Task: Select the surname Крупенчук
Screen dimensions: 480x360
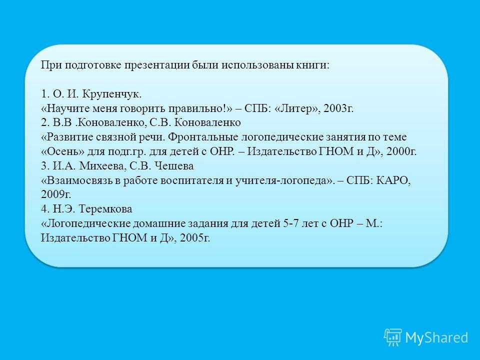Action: pyautogui.click(x=112, y=94)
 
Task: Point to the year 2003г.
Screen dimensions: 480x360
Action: pyautogui.click(x=338, y=108)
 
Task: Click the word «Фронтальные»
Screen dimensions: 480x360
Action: pyautogui.click(x=202, y=137)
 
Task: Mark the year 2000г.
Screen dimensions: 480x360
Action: pyautogui.click(x=401, y=151)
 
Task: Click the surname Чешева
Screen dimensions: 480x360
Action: pyautogui.click(x=174, y=166)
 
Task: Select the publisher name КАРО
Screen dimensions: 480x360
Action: pyautogui.click(x=393, y=180)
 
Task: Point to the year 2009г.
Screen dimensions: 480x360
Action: pyautogui.click(x=56, y=194)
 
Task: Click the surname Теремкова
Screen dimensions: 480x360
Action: pyautogui.click(x=105, y=209)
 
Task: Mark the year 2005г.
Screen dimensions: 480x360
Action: pyautogui.click(x=195, y=238)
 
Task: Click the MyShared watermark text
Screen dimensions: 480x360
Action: pyautogui.click(x=437, y=337)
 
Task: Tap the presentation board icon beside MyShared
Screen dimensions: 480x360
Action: pyautogui.click(x=393, y=337)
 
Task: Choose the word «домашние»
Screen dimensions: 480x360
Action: pyautogui.click(x=158, y=223)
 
